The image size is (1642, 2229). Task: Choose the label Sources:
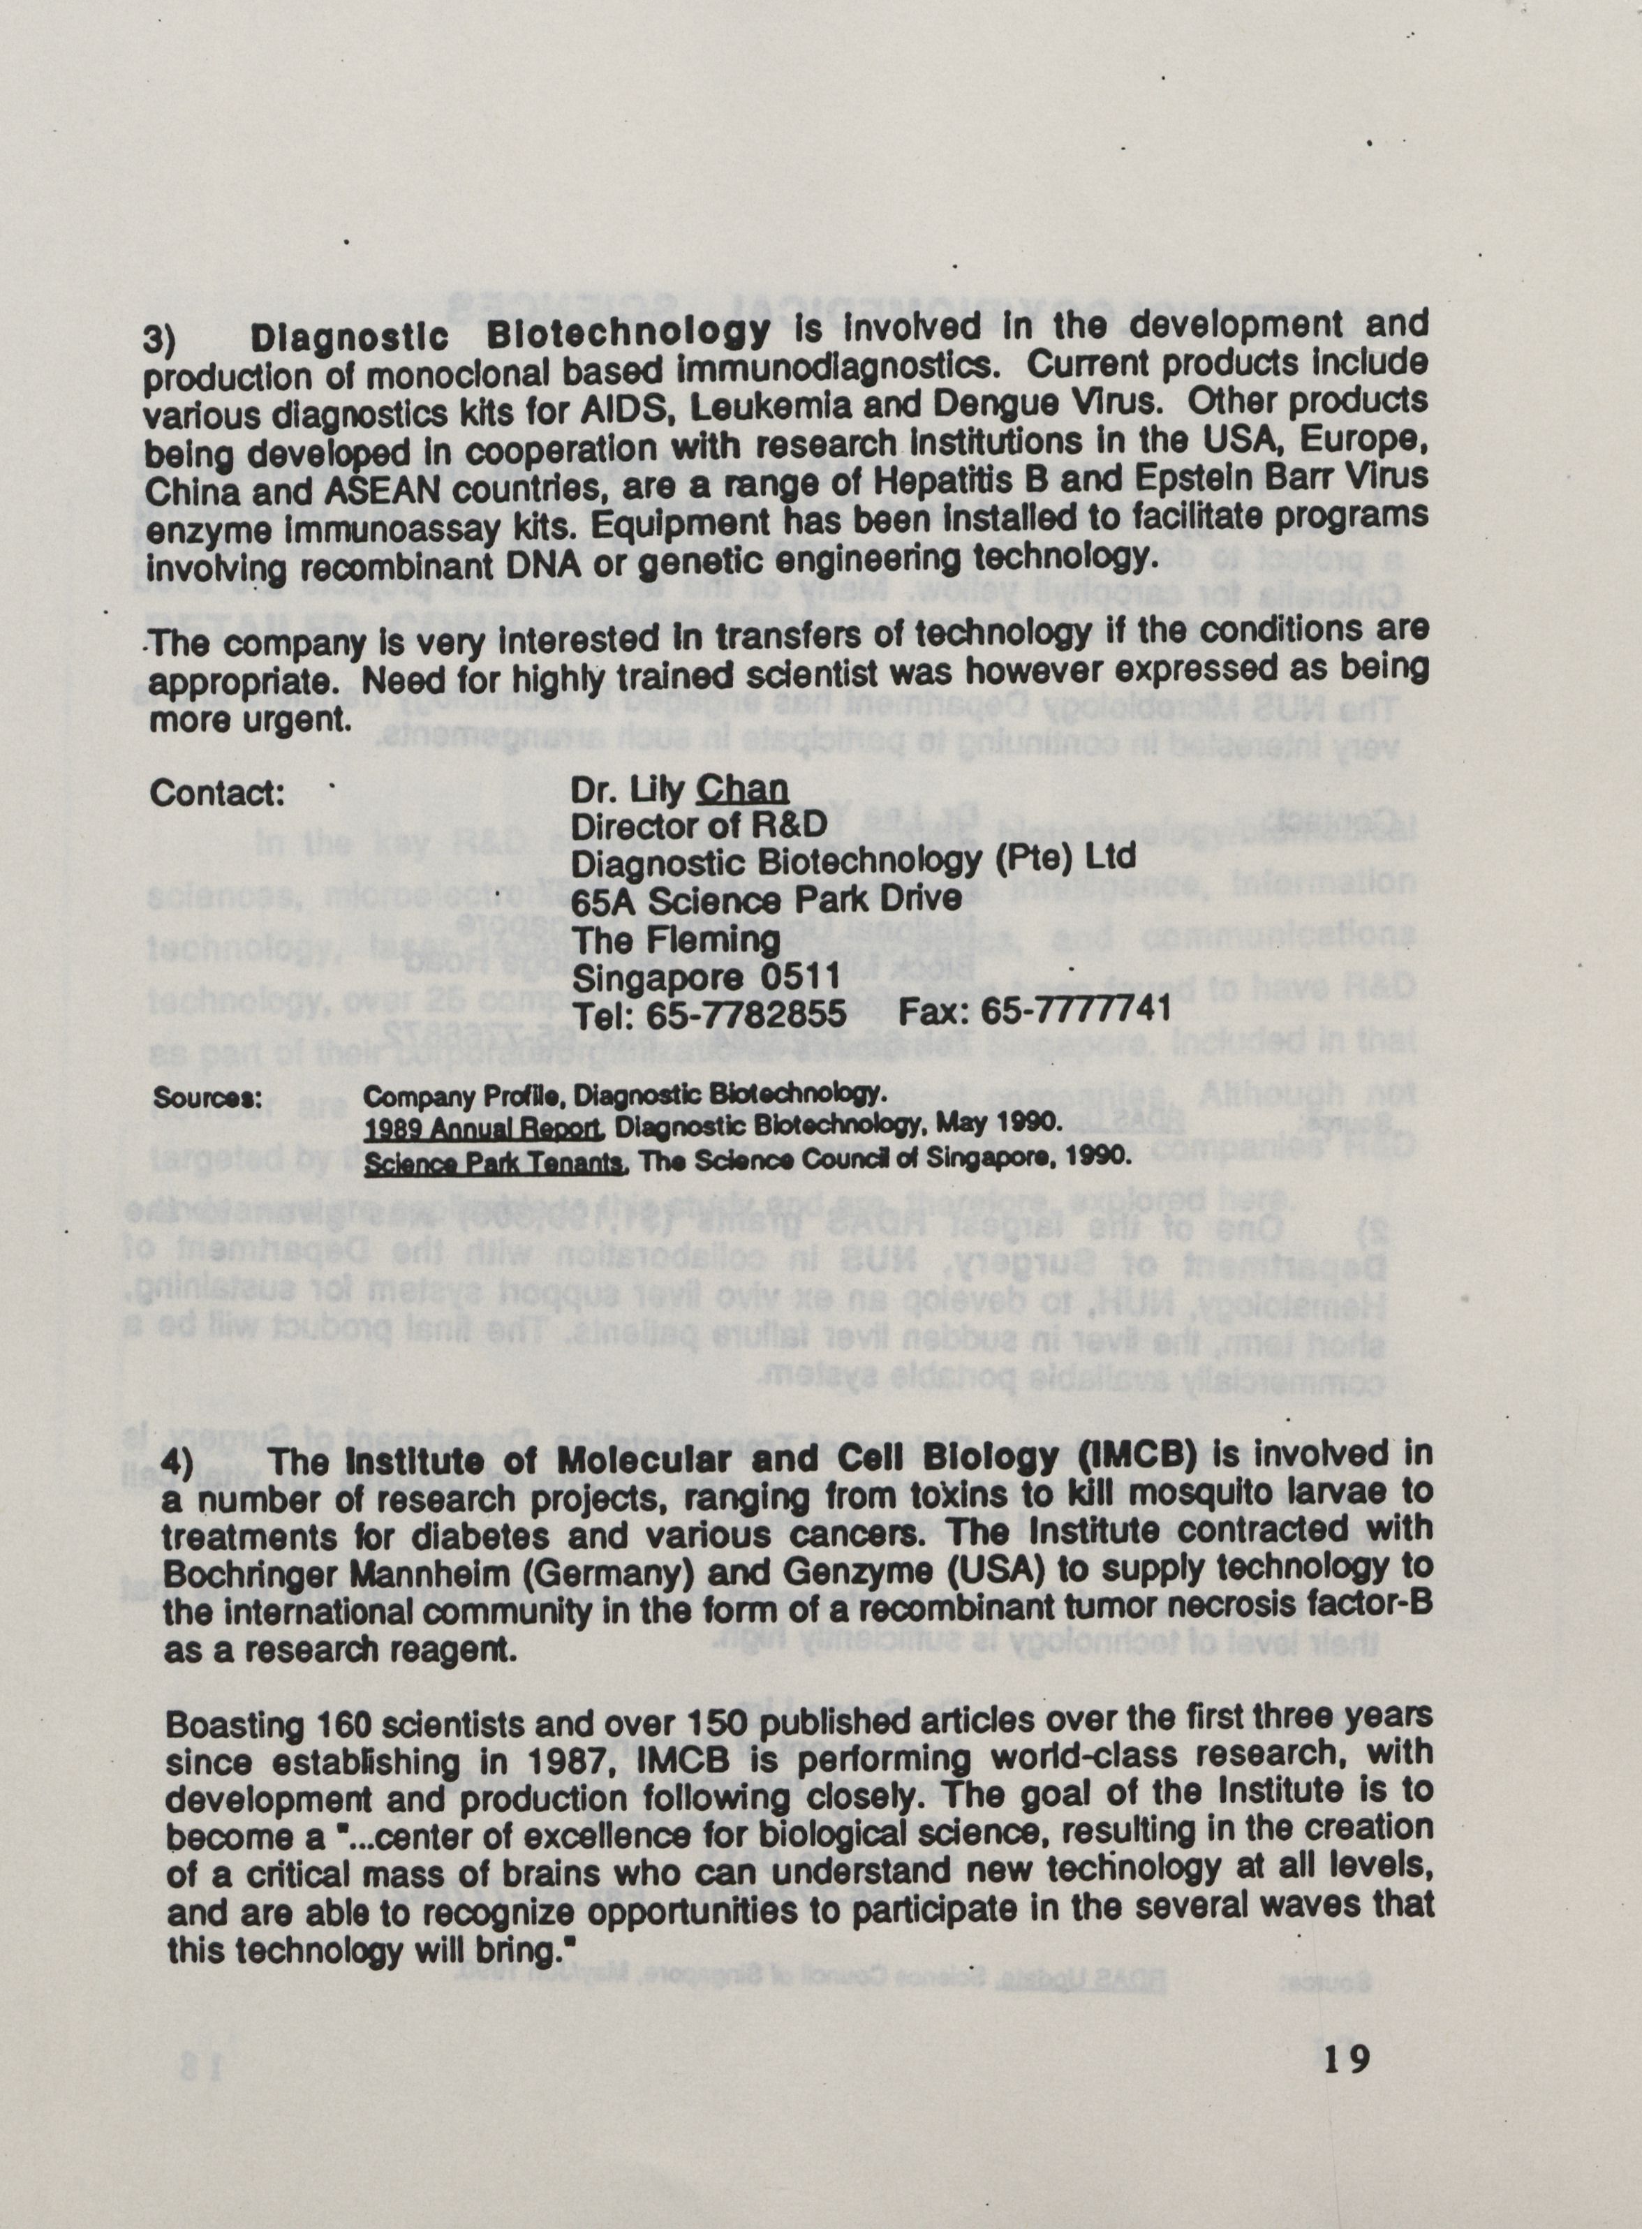tap(207, 1099)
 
